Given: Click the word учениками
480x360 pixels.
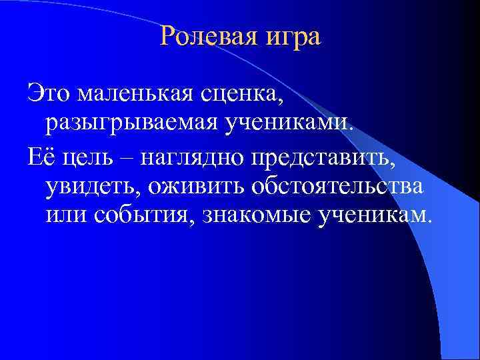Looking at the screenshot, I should (x=292, y=123).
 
